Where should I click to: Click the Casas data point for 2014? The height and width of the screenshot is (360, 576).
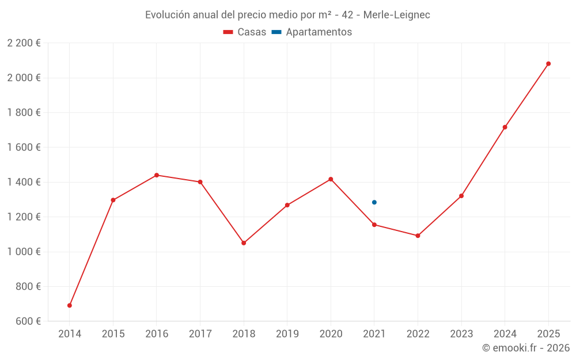click(70, 305)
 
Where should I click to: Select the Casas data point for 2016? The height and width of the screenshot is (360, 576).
click(157, 175)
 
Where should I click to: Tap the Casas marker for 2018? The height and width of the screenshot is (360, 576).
click(244, 243)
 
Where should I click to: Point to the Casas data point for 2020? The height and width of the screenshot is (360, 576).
click(331, 179)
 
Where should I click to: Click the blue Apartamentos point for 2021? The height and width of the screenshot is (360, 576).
click(374, 202)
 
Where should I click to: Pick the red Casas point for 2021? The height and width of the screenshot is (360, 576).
click(374, 225)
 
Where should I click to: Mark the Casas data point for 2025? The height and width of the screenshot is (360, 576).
click(548, 64)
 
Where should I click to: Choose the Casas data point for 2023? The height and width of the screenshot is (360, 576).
click(461, 196)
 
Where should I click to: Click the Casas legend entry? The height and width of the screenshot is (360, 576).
click(245, 32)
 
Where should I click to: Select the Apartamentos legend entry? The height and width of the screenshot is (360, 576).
click(312, 32)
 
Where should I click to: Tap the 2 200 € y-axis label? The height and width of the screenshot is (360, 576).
click(24, 43)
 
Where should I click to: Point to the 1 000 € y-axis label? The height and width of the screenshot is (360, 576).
click(24, 252)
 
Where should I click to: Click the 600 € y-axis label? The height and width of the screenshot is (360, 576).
click(28, 321)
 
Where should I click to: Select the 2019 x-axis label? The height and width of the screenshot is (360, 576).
click(287, 334)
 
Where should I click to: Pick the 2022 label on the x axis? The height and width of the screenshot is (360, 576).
click(418, 334)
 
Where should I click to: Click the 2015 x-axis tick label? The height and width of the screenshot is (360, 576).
click(113, 334)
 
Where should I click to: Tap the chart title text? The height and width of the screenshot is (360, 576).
click(287, 15)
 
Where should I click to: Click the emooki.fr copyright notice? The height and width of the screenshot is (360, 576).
click(525, 348)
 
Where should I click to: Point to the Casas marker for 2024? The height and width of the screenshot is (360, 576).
click(505, 127)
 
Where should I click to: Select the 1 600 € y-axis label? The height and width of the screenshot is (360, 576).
click(24, 147)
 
